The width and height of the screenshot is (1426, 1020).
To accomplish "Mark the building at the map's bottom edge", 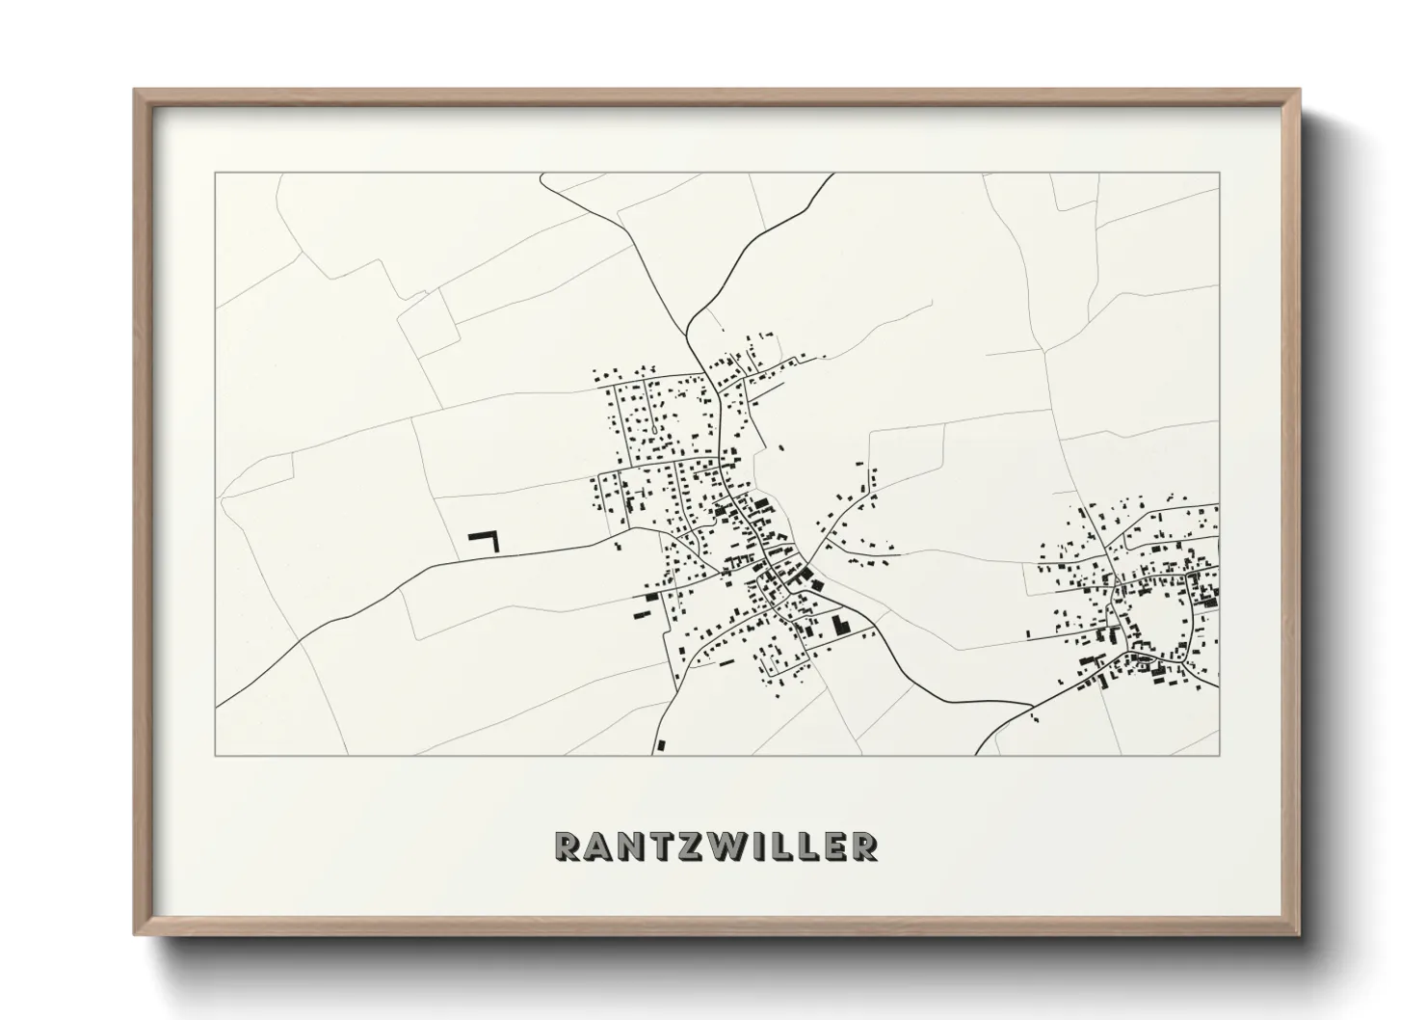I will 660,744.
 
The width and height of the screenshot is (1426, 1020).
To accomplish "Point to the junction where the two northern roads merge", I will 690,333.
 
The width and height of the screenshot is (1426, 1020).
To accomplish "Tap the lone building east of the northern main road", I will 780,447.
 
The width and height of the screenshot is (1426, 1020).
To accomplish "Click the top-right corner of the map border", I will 1220,174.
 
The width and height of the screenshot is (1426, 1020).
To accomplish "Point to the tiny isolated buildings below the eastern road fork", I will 1035,717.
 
